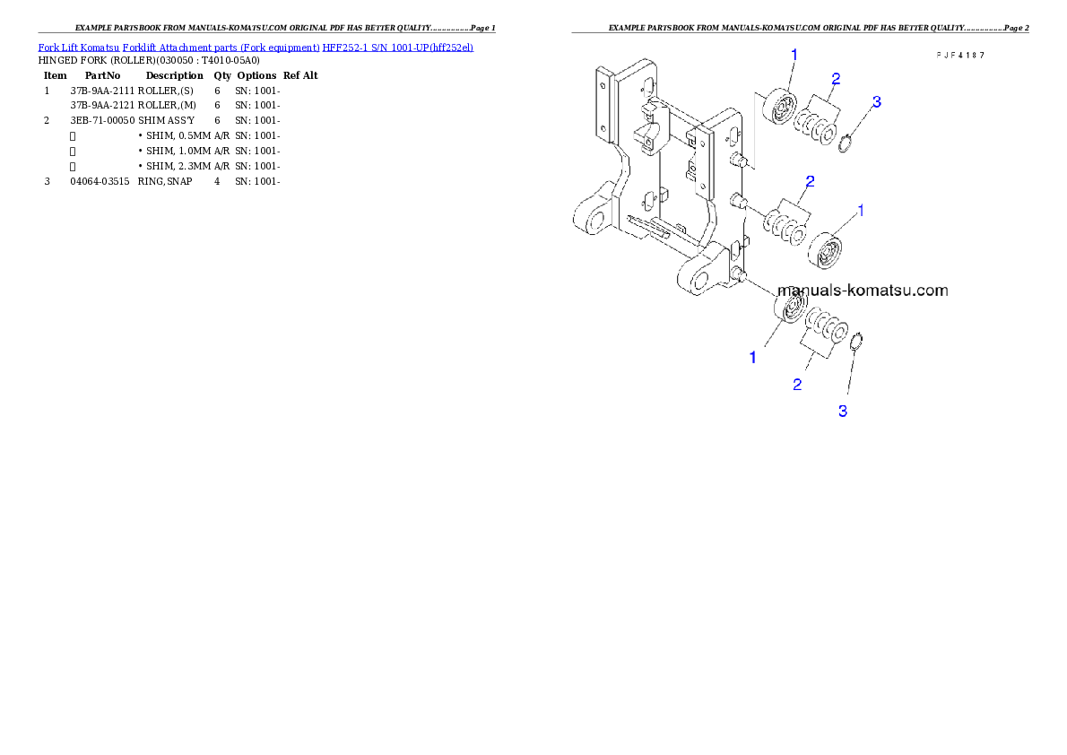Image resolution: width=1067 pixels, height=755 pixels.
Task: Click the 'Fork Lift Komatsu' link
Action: pos(79,48)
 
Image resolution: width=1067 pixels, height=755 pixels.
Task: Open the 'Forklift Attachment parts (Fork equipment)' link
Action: pos(221,48)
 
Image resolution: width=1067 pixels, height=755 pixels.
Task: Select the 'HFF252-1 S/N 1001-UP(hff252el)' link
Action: pos(398,48)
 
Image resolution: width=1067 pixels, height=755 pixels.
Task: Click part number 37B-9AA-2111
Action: pos(102,91)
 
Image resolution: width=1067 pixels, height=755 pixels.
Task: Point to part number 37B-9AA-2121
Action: pos(102,105)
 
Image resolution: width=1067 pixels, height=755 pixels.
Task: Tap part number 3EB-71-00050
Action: pos(102,120)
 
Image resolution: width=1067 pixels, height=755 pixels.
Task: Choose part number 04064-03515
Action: pos(100,181)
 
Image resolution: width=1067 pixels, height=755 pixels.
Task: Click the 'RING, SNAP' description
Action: pos(165,181)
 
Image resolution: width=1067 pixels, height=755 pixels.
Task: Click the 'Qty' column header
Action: pos(222,75)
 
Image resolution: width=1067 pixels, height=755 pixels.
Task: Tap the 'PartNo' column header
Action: pos(103,75)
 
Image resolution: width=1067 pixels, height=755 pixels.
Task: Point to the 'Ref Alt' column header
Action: pos(300,75)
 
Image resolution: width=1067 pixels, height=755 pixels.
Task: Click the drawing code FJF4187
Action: pos(960,55)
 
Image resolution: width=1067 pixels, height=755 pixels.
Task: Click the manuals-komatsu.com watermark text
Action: pos(863,291)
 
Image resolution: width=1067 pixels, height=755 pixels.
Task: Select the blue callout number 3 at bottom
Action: pos(843,412)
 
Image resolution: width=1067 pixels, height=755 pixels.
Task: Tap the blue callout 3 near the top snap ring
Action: pos(877,102)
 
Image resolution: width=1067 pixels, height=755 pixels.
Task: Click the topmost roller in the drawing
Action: pos(780,106)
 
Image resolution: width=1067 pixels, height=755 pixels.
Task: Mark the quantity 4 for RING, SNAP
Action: pos(217,181)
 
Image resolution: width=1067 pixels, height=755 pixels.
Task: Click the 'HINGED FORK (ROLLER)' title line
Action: pos(149,61)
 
